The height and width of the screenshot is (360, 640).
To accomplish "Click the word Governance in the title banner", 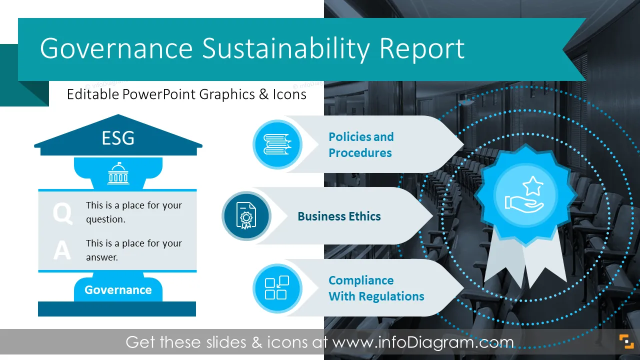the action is pyautogui.click(x=116, y=48).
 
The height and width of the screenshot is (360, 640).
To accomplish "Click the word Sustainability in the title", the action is pyautogui.click(x=286, y=49).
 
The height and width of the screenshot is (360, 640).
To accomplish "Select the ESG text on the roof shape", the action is pyautogui.click(x=118, y=138).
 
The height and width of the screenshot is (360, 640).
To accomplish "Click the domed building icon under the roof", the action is pyautogui.click(x=118, y=173).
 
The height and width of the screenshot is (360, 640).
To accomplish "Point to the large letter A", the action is pyautogui.click(x=62, y=250).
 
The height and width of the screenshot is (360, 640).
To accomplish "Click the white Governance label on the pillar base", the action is pyautogui.click(x=118, y=290).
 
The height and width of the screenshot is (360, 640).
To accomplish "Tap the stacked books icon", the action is pyautogui.click(x=277, y=144).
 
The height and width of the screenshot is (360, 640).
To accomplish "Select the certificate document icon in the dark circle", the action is pyautogui.click(x=246, y=215).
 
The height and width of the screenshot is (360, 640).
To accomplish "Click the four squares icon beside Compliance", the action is pyautogui.click(x=277, y=287).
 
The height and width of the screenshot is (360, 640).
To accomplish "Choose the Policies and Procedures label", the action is pyautogui.click(x=361, y=145).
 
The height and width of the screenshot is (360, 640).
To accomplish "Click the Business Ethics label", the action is pyautogui.click(x=339, y=216).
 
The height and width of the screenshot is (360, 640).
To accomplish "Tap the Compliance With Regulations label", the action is pyautogui.click(x=376, y=288).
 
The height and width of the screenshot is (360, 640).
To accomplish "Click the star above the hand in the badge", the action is pyautogui.click(x=533, y=185).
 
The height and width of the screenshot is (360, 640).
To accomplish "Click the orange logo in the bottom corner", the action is pyautogui.click(x=626, y=341).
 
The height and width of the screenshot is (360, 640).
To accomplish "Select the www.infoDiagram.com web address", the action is pyautogui.click(x=423, y=342).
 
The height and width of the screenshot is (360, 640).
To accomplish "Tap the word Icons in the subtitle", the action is pyautogui.click(x=289, y=94).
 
